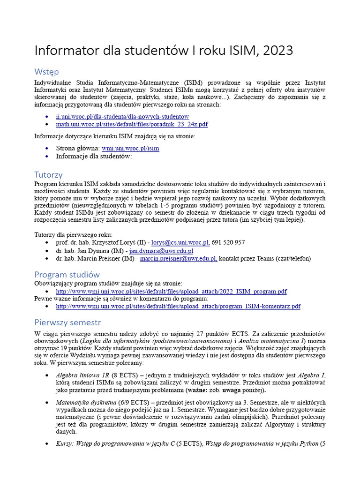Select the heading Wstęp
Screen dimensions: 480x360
(46, 72)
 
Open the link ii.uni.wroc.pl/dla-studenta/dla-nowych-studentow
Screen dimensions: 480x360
(122, 116)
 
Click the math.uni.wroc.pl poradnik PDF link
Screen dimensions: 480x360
(132, 124)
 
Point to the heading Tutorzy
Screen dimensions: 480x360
(48, 175)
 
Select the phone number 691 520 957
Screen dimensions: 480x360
(228, 242)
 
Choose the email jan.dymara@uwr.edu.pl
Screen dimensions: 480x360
(161, 250)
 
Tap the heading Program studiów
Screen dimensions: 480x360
(67, 275)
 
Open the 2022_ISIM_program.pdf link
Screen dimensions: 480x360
(171, 291)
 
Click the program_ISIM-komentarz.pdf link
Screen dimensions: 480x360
(178, 306)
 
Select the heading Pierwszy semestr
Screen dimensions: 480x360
(67, 322)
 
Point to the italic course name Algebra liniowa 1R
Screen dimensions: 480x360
(82, 375)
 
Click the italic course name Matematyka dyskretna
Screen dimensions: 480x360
(86, 402)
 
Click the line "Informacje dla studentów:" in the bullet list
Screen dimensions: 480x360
(94, 156)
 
